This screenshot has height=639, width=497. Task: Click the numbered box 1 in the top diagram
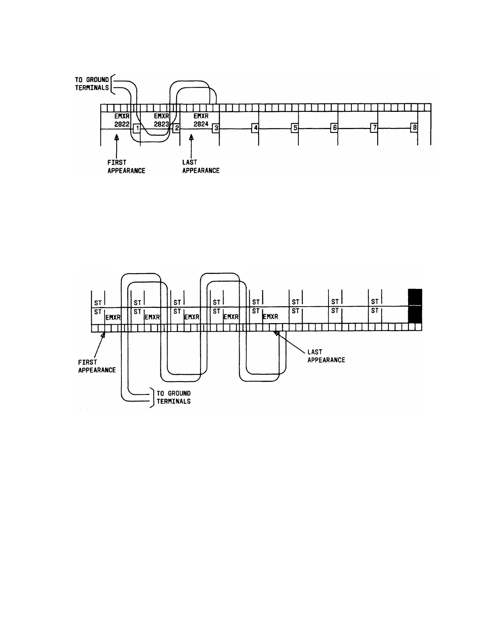pos(137,128)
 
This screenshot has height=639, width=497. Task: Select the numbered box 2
pos(176,128)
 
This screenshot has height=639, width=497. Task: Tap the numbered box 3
pos(216,128)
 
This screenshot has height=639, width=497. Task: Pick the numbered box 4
pos(255,128)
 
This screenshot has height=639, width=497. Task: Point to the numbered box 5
pos(295,128)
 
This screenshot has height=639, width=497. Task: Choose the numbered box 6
pos(334,128)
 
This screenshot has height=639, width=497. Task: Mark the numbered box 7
pos(374,128)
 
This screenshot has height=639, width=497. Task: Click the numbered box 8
pos(414,128)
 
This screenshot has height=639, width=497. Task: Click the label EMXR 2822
pos(122,120)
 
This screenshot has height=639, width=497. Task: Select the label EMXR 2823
pos(161,120)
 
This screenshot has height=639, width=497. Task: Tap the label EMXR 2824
pos(201,120)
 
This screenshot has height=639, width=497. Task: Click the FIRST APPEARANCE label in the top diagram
pos(126,167)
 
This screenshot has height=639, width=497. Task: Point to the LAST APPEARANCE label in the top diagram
pos(201,167)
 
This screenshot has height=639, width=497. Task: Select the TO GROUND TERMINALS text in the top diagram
pos(92,84)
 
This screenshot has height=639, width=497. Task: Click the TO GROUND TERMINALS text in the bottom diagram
pos(173,397)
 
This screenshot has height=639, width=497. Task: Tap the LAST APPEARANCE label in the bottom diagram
pos(326,356)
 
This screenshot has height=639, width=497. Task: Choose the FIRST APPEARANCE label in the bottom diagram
pos(97,366)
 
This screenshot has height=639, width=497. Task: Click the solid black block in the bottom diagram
pos(415,306)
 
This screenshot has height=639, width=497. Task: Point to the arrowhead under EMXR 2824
pos(191,138)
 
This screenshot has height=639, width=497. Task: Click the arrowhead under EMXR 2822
pos(116,138)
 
